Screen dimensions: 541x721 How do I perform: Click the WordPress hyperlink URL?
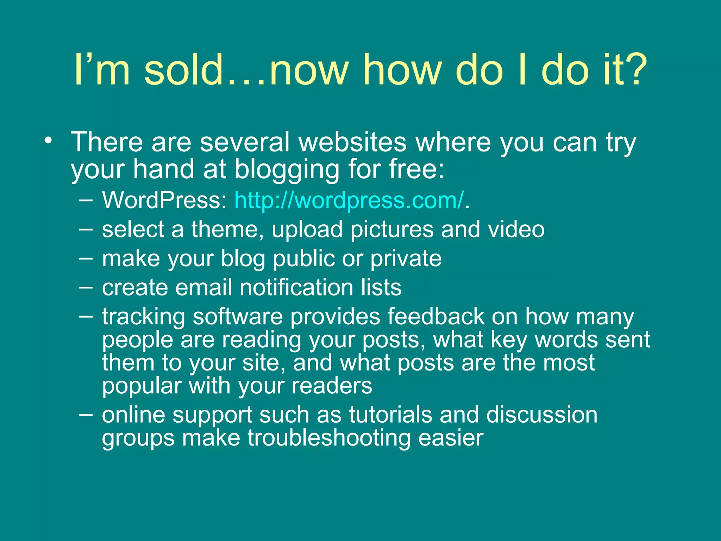(349, 200)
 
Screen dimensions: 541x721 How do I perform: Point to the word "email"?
(203, 287)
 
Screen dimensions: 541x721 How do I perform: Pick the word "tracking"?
(144, 317)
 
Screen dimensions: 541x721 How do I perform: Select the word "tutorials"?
(390, 415)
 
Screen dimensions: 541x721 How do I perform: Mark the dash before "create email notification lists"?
(86, 287)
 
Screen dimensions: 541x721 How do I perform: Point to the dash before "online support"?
(86, 415)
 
